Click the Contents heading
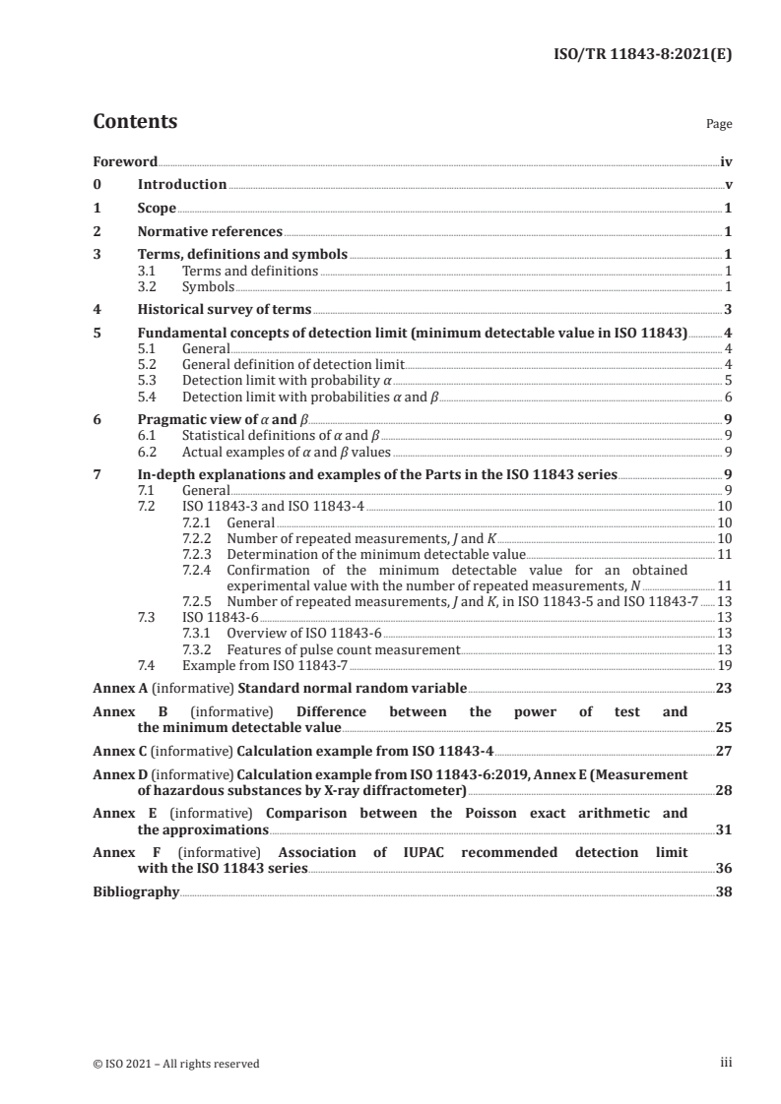tap(135, 122)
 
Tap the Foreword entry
tap(125, 161)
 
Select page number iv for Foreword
tap(725, 161)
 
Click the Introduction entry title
tap(182, 185)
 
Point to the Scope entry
tap(157, 209)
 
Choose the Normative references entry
tap(210, 232)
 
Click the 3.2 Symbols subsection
tap(208, 286)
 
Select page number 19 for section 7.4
tap(724, 665)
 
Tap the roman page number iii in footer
tap(727, 1063)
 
